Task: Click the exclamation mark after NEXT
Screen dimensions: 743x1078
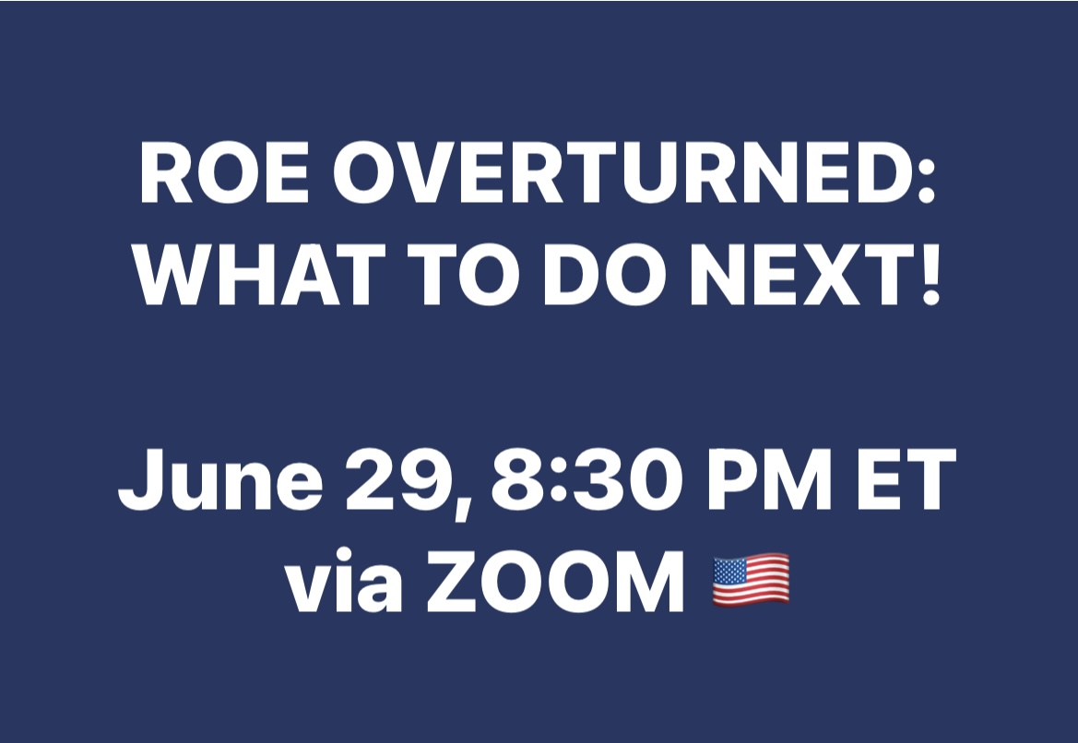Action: [x=930, y=275]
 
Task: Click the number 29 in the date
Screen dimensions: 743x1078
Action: [x=398, y=481]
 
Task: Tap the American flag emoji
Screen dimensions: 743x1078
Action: [x=751, y=580]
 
